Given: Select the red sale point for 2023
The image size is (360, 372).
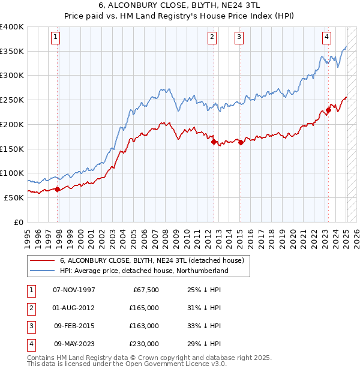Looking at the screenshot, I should click(x=329, y=110).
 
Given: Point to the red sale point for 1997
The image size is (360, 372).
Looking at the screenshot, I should click(x=58, y=189).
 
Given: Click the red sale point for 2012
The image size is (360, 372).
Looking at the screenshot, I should click(x=213, y=142).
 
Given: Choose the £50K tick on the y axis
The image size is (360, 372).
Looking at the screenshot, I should click(x=14, y=197).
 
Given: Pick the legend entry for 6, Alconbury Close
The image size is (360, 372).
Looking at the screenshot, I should click(x=152, y=260).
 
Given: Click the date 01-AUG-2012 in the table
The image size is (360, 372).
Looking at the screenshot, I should click(x=74, y=308).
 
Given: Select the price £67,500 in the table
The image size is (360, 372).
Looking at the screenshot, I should click(x=145, y=290).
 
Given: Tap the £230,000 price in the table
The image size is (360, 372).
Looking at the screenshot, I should click(x=144, y=344).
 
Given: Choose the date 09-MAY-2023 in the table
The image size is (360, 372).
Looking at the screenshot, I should click(x=74, y=344).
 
